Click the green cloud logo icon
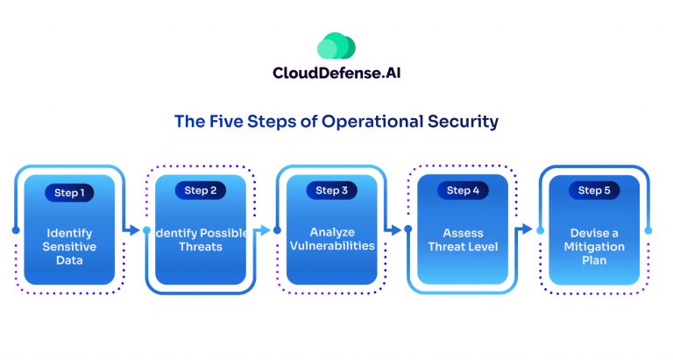click(x=336, y=46)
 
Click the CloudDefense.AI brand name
click(x=336, y=74)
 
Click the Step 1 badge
click(x=69, y=192)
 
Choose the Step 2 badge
click(x=201, y=190)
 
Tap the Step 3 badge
click(x=331, y=190)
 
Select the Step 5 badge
click(x=595, y=190)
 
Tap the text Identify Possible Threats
click(x=201, y=240)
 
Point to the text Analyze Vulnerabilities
click(x=331, y=239)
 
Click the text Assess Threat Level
click(x=463, y=240)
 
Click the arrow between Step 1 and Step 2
click(x=133, y=230)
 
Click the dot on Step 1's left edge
click(x=16, y=230)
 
